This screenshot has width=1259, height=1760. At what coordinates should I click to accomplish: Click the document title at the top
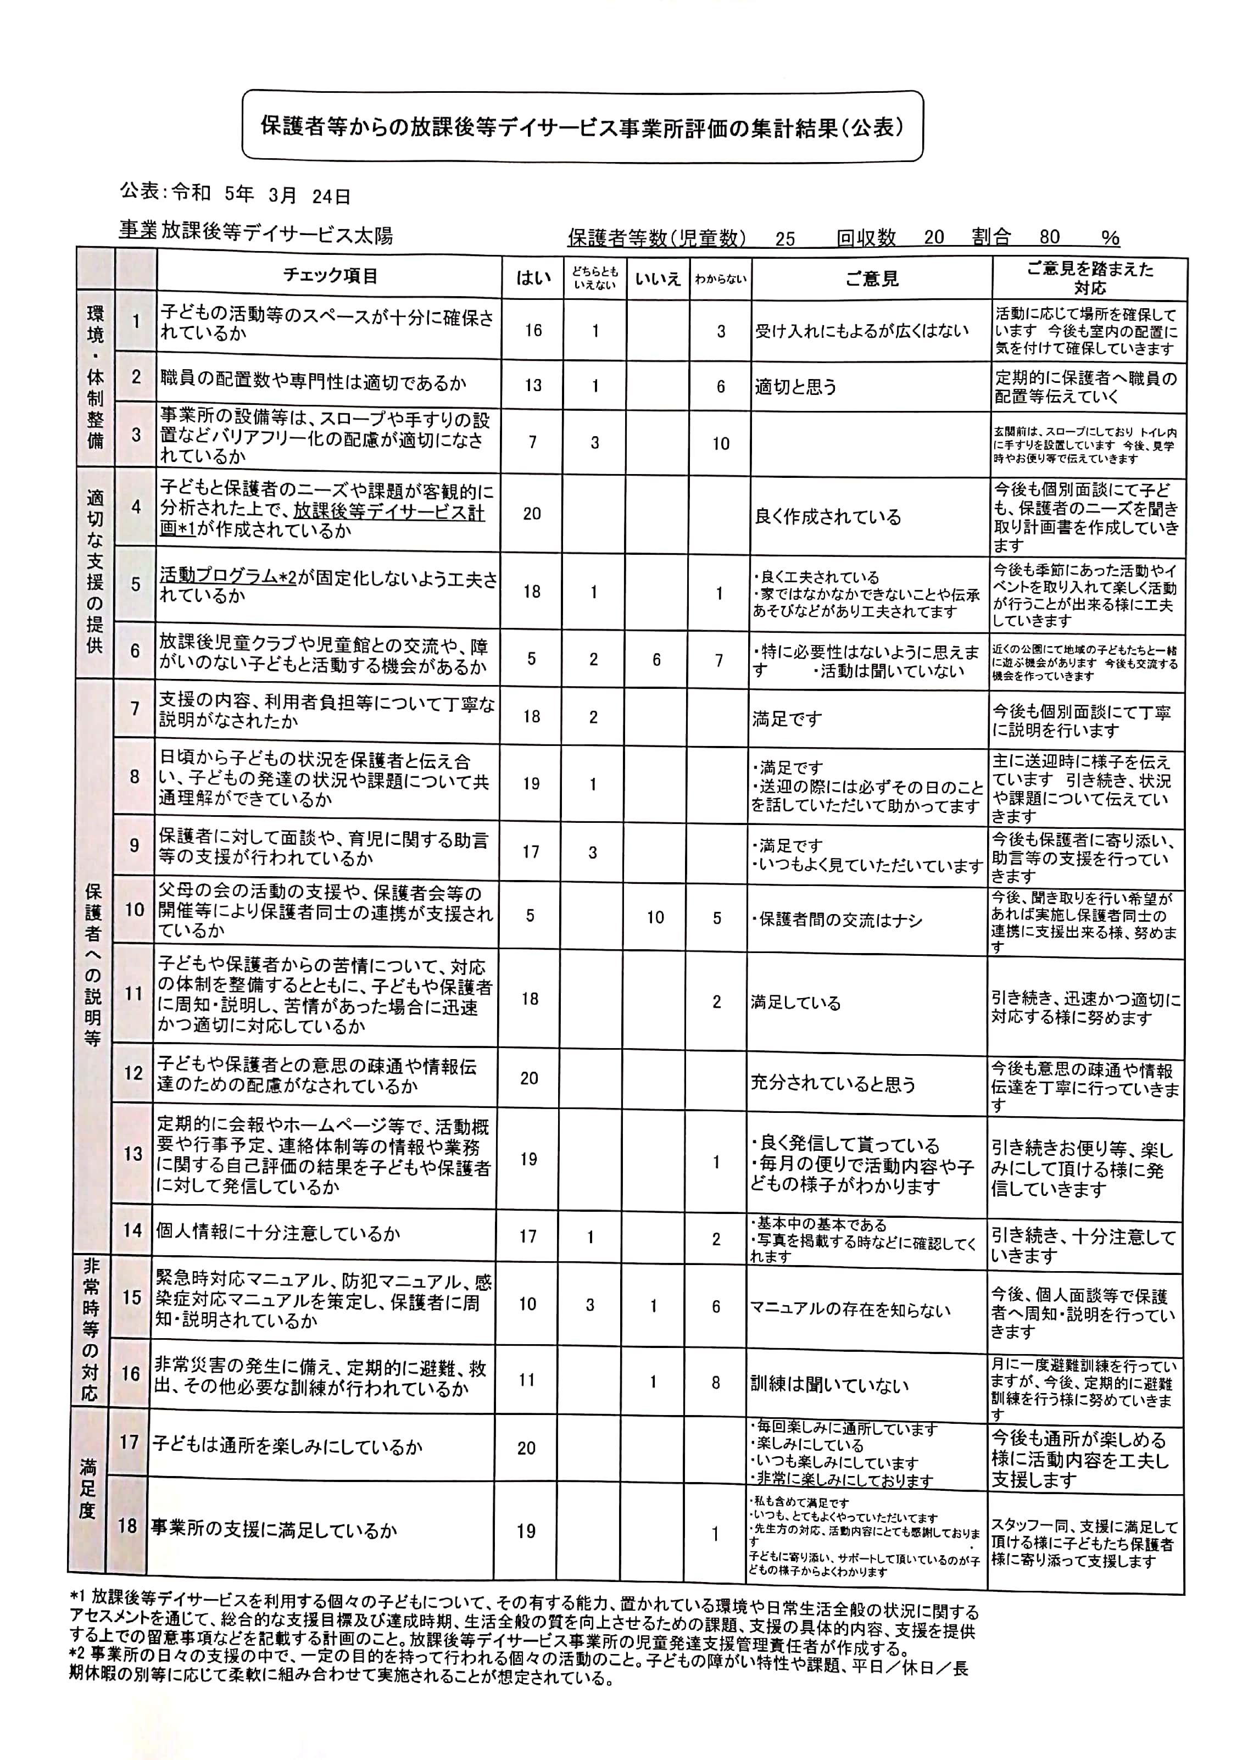[x=582, y=126]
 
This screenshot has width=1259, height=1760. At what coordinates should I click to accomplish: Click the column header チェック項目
[x=330, y=275]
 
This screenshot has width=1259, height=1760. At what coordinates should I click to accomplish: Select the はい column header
[x=533, y=277]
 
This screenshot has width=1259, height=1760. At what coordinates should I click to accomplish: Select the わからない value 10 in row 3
[x=721, y=443]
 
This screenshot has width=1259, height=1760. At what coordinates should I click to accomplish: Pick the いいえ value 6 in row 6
[x=656, y=659]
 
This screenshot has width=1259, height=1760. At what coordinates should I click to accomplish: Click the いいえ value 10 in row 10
[x=655, y=917]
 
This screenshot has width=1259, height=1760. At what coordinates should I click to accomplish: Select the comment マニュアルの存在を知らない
[x=850, y=1310]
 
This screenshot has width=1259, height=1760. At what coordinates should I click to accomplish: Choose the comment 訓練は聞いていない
[x=829, y=1385]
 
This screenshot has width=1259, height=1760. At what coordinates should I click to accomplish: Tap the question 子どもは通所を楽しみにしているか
[x=287, y=1446]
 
